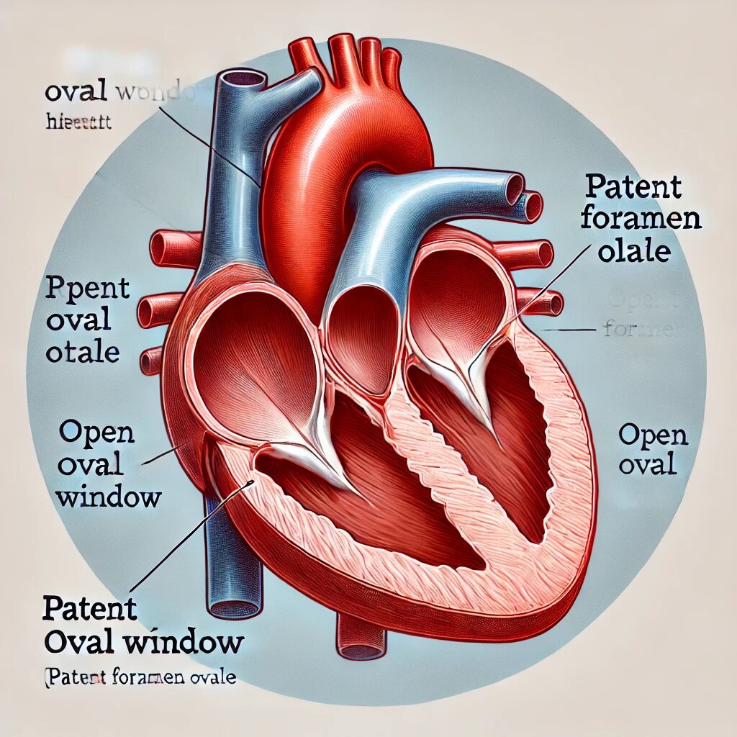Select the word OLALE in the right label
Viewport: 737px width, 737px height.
coord(633,251)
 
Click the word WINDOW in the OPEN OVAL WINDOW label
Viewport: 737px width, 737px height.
coord(108,496)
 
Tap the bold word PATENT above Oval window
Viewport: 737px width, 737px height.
coord(89,609)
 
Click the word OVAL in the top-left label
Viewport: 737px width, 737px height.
coord(76,92)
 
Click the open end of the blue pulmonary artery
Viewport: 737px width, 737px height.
coord(514,189)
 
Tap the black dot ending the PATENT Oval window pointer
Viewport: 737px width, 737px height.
coord(250,482)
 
